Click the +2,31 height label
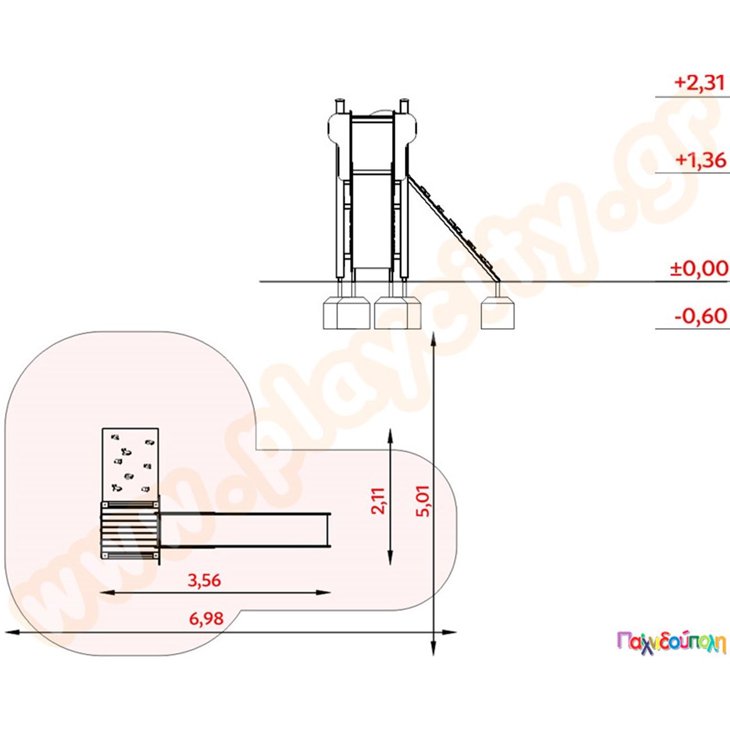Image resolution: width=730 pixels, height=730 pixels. click(x=700, y=83)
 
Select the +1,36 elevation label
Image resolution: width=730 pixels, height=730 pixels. click(x=701, y=160)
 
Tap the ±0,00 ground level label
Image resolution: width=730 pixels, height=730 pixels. click(x=699, y=268)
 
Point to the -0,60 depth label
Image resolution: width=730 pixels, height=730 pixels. click(x=701, y=316)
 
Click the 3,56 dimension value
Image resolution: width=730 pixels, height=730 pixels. click(x=204, y=580)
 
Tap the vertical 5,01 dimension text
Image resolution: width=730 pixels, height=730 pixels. click(x=423, y=501)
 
